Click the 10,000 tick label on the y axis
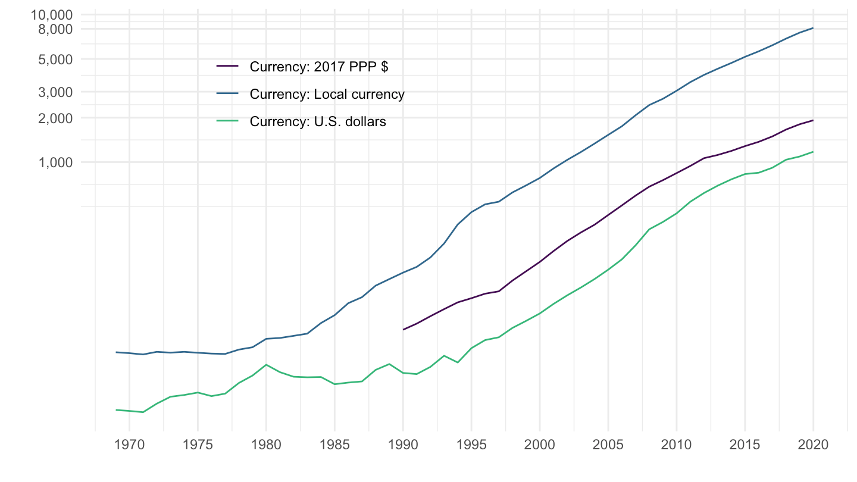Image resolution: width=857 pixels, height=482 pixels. [x=51, y=15]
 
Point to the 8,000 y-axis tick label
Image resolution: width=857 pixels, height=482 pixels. [x=55, y=29]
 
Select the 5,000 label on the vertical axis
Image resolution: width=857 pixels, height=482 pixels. [x=55, y=60]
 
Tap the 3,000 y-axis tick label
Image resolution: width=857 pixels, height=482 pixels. [x=55, y=92]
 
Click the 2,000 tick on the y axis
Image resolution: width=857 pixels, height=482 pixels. [x=55, y=118]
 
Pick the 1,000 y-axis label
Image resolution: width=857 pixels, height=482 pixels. [x=55, y=162]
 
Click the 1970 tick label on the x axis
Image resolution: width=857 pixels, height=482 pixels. [x=129, y=445]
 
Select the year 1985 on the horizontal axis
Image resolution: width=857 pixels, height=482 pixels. [x=334, y=445]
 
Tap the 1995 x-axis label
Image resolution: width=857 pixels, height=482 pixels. [x=471, y=445]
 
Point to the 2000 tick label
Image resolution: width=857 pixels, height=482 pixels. [x=539, y=445]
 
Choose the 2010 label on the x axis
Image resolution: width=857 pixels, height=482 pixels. [x=677, y=445]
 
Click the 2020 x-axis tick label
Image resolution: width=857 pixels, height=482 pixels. [x=813, y=445]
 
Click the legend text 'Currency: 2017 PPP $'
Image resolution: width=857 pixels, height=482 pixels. [x=319, y=67]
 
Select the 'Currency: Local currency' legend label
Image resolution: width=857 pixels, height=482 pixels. [x=327, y=94]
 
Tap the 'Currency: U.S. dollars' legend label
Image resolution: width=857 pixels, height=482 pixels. [x=318, y=121]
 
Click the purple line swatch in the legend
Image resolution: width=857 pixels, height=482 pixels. [x=227, y=66]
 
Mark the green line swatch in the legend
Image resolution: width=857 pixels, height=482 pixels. [x=227, y=121]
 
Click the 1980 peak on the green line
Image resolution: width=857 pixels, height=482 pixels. [x=266, y=365]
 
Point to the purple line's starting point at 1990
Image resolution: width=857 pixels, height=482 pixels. [x=404, y=330]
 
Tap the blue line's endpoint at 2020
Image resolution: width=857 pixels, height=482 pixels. [x=813, y=28]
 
